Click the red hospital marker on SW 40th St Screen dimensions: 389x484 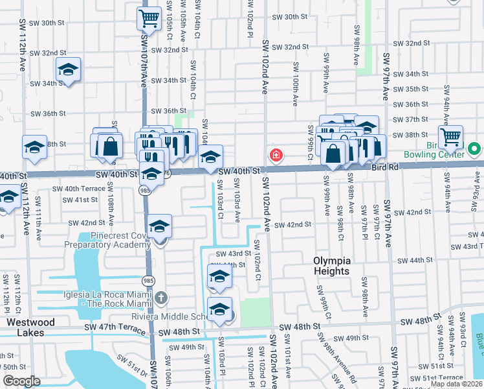276,155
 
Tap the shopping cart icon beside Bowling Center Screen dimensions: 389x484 450,136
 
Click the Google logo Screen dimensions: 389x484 21,381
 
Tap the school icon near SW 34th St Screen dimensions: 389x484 67,69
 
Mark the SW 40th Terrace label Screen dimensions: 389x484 79,188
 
